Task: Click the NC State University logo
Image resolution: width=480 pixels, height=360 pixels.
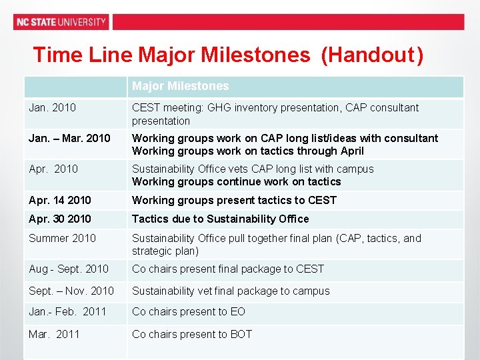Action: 61,22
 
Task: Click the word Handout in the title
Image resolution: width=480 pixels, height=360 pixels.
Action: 368,55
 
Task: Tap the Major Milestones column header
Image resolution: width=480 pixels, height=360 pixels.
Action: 180,86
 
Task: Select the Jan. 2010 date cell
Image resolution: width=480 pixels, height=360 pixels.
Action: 53,107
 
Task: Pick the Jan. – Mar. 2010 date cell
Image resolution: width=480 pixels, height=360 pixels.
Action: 69,138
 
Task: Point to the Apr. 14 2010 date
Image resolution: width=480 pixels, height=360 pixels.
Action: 60,200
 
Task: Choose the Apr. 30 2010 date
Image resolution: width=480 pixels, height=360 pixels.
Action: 60,219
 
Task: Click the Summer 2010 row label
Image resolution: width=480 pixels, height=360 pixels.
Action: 62,238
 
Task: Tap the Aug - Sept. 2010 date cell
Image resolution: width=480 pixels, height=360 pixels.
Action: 69,269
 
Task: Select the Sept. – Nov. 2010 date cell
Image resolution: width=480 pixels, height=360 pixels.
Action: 71,291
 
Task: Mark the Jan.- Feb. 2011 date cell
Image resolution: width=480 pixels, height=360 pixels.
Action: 67,311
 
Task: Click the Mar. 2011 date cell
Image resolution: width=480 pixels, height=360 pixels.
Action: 54,334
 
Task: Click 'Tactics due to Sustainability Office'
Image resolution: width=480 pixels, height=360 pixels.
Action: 220,219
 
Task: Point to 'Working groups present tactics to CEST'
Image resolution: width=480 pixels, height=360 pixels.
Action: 234,200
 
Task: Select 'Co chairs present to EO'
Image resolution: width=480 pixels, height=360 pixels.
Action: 189,311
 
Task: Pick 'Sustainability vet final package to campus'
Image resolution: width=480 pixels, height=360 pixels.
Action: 231,291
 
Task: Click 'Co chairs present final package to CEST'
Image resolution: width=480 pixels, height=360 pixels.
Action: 228,269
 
